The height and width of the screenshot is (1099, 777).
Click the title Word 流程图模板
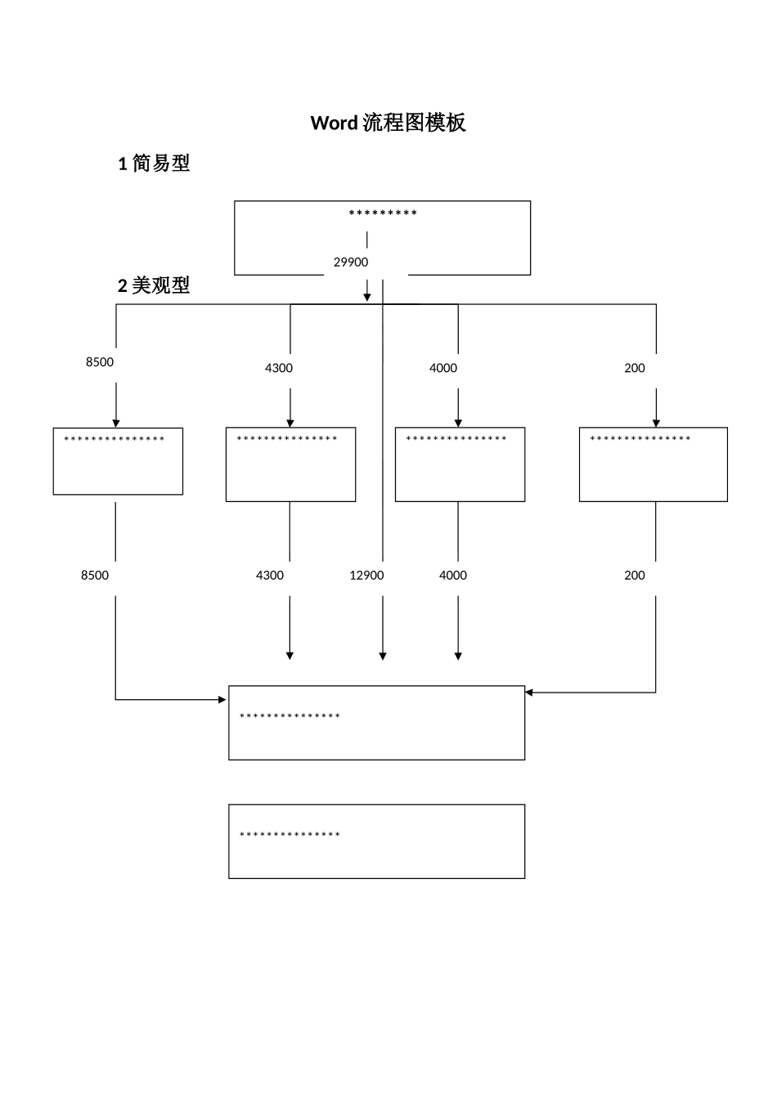click(388, 123)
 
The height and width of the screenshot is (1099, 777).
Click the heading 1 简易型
click(154, 164)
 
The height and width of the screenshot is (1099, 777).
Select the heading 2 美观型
click(154, 285)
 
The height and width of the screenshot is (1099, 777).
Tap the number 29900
click(351, 262)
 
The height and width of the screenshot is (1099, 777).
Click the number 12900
click(366, 576)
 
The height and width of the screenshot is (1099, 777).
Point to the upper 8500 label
click(100, 362)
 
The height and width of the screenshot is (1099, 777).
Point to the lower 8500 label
click(95, 576)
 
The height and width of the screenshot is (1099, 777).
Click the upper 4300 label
click(279, 368)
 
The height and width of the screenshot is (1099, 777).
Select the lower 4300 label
click(270, 576)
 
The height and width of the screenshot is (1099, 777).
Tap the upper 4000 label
click(443, 368)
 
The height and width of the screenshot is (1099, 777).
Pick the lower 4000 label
click(453, 576)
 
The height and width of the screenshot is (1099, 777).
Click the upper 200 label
click(635, 368)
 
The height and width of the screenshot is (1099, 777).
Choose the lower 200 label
click(635, 576)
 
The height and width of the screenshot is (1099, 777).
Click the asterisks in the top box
click(383, 214)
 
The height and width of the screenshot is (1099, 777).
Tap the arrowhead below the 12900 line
click(383, 656)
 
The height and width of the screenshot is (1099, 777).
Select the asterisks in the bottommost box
click(290, 836)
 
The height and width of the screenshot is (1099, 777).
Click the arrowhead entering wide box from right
click(529, 693)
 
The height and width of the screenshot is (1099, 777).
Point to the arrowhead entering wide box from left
click(222, 700)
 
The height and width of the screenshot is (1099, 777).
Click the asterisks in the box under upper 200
click(640, 440)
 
